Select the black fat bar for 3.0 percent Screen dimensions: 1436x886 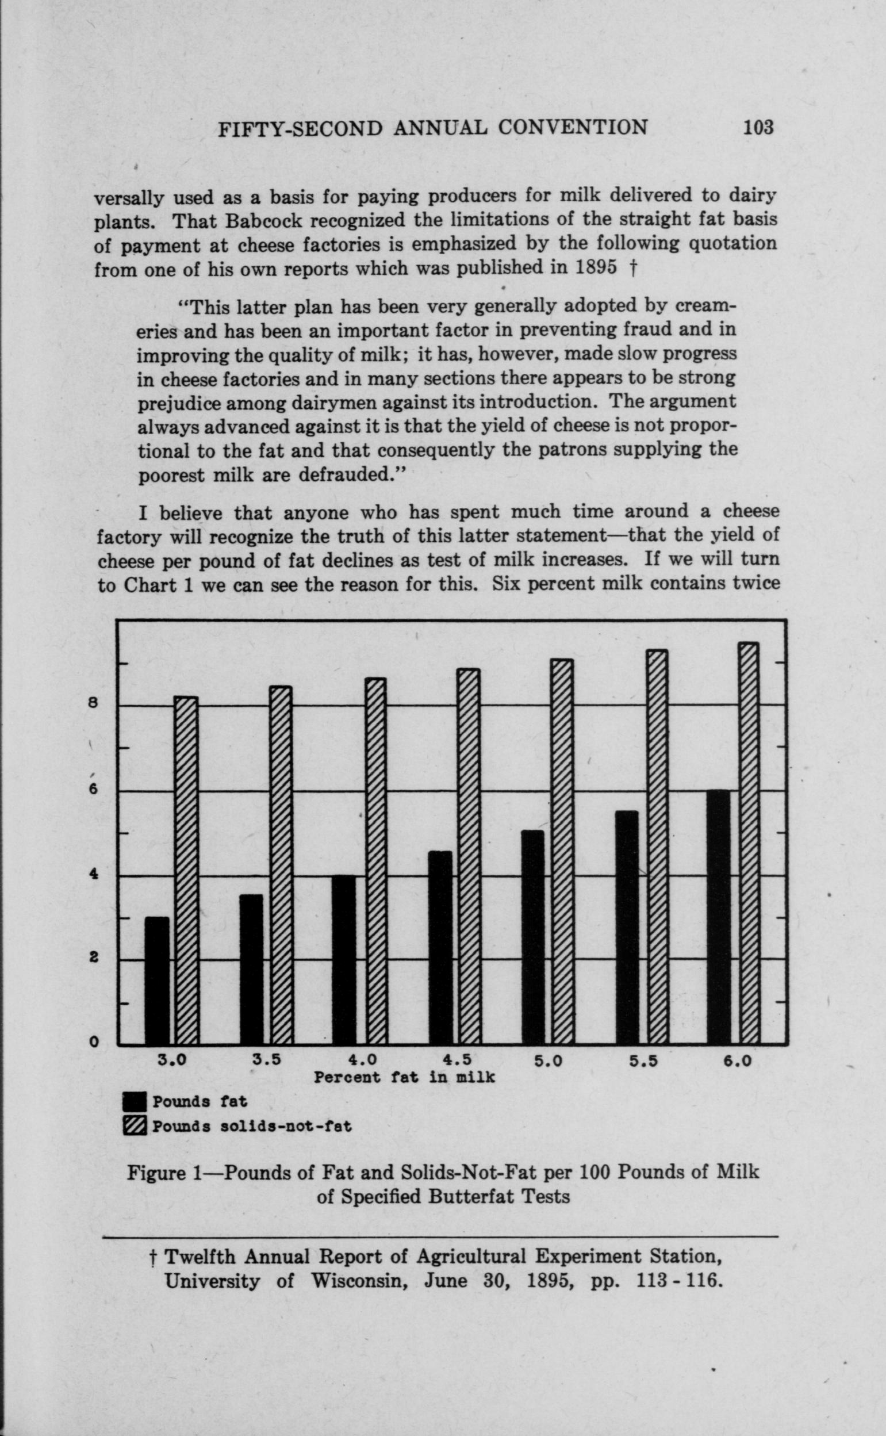pos(156,980)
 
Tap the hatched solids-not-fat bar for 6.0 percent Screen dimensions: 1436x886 pos(749,843)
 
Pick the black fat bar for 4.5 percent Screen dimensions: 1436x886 pos(440,947)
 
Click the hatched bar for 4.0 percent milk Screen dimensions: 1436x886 pos(376,860)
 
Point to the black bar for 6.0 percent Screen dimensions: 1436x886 pos(719,917)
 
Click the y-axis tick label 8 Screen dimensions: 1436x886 pos(92,704)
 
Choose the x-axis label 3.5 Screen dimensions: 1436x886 pos(267,1060)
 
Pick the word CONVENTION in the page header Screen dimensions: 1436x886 pos(572,128)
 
